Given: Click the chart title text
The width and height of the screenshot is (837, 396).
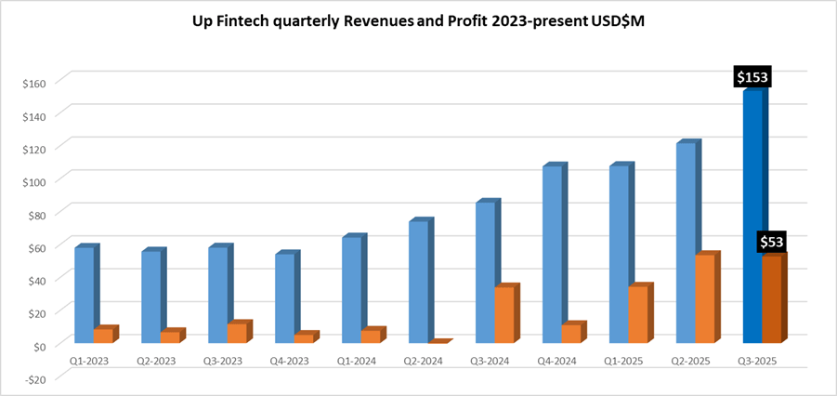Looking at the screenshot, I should pos(418,21).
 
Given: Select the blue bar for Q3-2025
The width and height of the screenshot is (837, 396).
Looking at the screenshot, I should pos(753,218).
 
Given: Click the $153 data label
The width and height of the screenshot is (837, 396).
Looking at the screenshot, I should pos(752,77).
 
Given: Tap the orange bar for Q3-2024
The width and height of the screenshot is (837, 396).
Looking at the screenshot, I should pos(504,315).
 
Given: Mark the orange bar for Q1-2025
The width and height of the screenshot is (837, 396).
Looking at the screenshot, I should pos(637,315).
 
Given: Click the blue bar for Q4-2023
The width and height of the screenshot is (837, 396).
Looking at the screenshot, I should pos(285,298).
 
